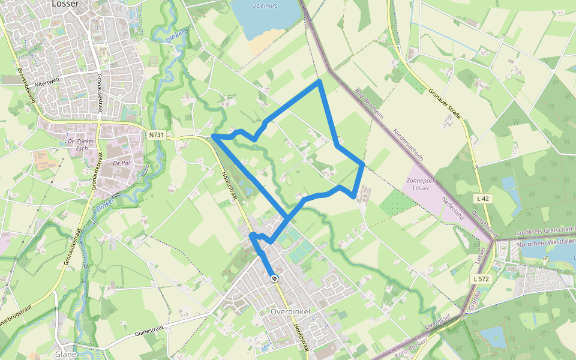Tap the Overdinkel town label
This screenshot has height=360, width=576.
290,313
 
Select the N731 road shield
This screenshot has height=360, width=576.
155,135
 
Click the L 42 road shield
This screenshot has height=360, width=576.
482,199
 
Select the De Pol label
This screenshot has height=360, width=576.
121,163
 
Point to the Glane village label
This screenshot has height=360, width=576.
65,354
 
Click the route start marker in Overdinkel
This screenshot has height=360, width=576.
274,278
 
